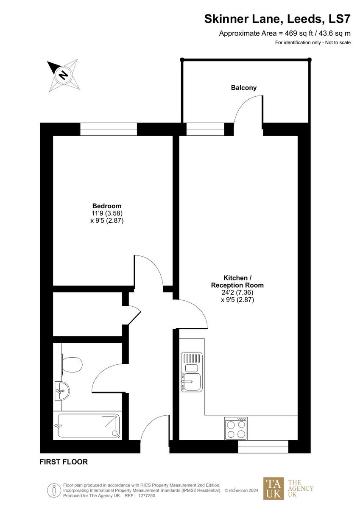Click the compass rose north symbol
(x=63, y=75)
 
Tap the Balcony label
(x=244, y=88)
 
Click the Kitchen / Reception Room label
(x=237, y=281)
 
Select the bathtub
(x=89, y=426)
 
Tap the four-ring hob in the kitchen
(x=236, y=428)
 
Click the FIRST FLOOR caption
(x=64, y=462)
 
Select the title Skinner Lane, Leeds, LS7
(x=277, y=19)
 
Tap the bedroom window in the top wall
(x=109, y=129)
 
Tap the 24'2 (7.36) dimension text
(x=237, y=292)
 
